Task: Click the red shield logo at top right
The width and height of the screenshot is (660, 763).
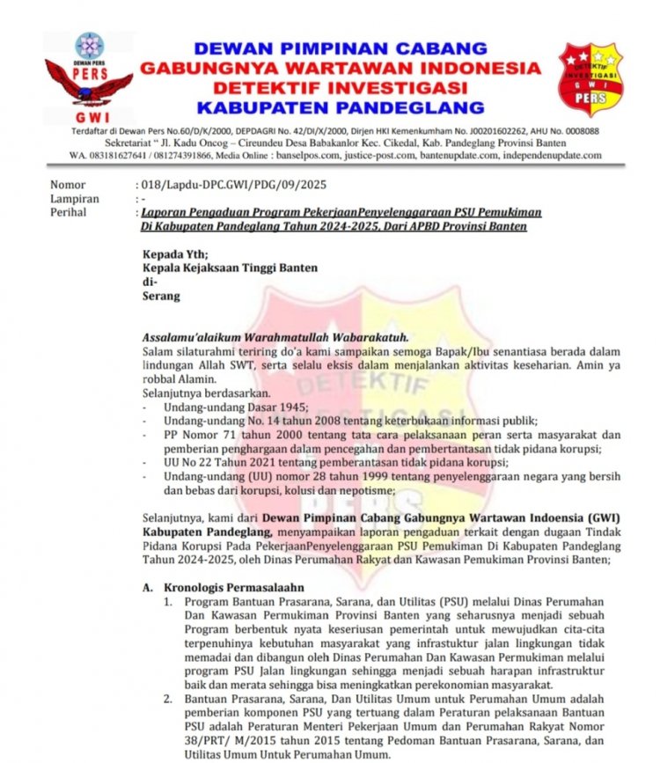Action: (x=590, y=78)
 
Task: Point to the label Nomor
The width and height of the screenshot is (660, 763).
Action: (x=68, y=186)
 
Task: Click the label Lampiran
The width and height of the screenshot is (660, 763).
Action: (x=74, y=200)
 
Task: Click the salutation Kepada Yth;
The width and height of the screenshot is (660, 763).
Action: (x=176, y=254)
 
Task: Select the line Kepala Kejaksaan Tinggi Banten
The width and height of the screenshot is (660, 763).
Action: (x=230, y=268)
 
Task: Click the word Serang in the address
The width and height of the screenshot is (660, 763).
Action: (x=161, y=297)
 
